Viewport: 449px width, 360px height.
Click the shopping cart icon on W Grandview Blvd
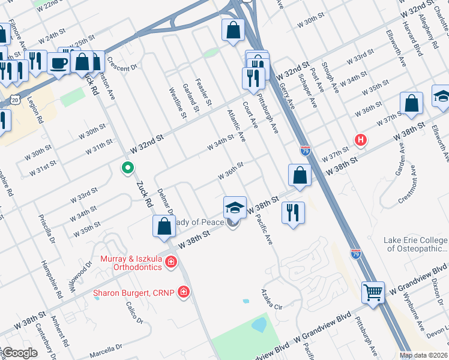(x=373, y=293)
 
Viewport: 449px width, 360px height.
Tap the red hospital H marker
(x=360, y=140)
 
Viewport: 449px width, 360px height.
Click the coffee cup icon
(x=58, y=62)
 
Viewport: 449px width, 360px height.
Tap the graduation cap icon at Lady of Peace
(x=235, y=208)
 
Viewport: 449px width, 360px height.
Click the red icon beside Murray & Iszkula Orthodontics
(x=171, y=262)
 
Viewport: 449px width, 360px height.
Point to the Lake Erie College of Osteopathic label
(x=415, y=244)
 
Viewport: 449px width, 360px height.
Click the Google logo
(x=19, y=353)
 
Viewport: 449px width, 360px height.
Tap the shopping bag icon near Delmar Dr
(x=164, y=226)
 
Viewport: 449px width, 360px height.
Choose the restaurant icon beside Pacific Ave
(x=293, y=212)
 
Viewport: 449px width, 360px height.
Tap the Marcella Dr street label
(x=106, y=347)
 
